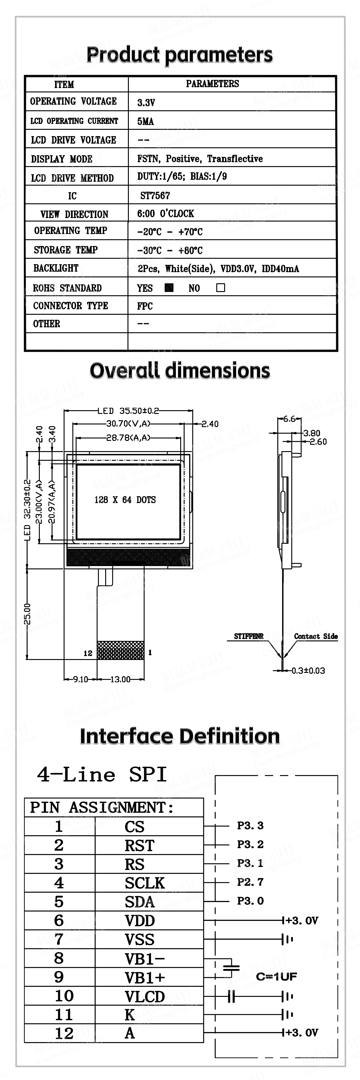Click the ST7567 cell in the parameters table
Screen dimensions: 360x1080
155,195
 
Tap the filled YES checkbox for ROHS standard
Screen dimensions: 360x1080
169,288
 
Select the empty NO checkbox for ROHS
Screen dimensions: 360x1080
220,288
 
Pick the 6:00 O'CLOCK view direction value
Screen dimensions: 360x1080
166,213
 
